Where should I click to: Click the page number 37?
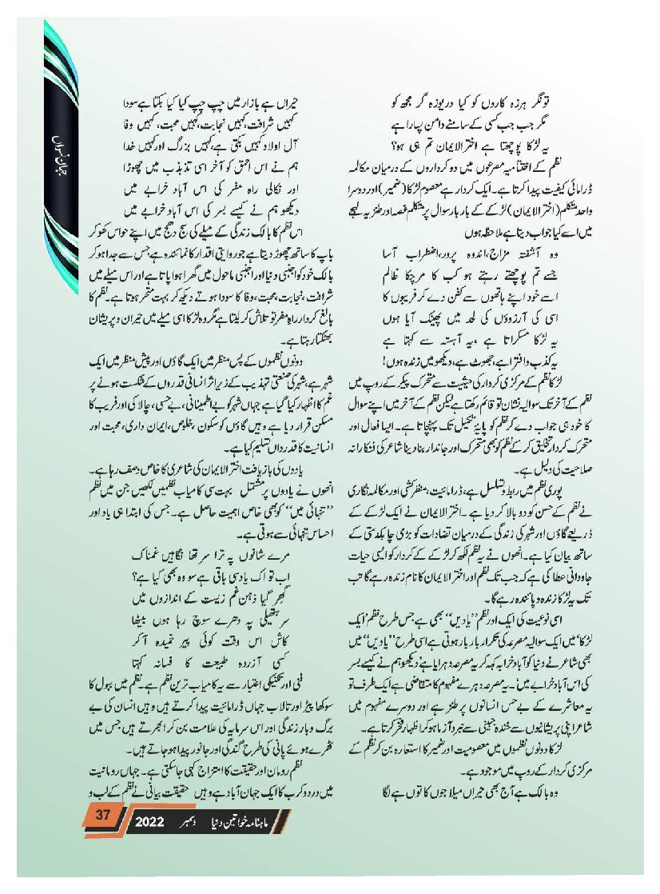101,816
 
